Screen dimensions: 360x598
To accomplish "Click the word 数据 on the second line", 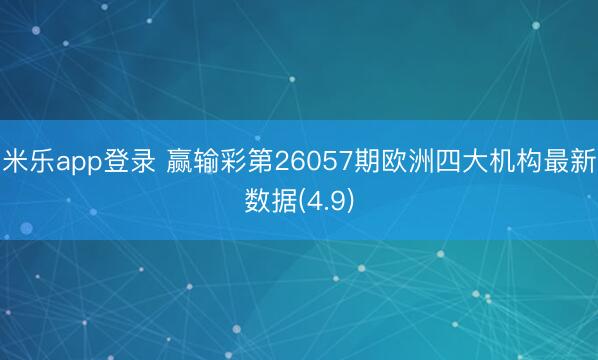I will pos(270,201).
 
